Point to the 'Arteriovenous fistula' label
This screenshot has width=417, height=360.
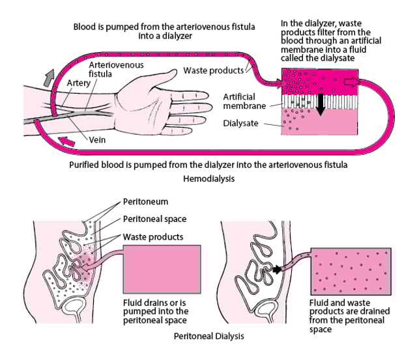[x=109, y=70]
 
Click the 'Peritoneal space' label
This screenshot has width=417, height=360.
[x=154, y=220]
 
